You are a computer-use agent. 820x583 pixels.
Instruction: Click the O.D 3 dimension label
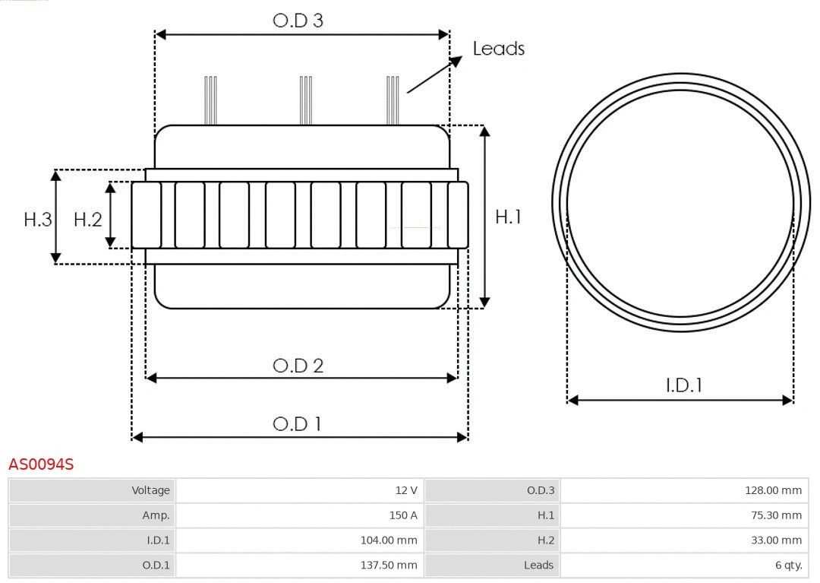coord(298,21)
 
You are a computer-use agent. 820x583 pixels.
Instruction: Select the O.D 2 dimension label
coord(298,366)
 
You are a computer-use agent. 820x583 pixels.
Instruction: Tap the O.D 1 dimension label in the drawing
coord(297,423)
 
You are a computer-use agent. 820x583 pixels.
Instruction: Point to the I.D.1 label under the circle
coord(683,385)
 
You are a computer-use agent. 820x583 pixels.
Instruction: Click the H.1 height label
coord(508,217)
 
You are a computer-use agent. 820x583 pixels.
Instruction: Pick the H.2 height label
coord(87,220)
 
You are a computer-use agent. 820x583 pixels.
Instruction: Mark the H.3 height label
coord(37,220)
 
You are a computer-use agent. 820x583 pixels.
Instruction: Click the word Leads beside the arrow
coord(498,49)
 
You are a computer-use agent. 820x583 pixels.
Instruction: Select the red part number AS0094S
coord(41,464)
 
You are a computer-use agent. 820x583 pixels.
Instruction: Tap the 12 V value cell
coord(407,490)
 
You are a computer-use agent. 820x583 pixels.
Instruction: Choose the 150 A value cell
coord(403,515)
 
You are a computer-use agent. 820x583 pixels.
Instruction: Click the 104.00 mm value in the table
coord(388,540)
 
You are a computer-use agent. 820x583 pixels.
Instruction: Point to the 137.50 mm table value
coord(388,566)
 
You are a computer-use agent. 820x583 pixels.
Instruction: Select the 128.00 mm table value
coord(773,490)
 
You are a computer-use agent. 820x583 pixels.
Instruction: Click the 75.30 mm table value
coord(776,515)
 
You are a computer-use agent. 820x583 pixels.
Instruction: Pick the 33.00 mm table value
coord(776,540)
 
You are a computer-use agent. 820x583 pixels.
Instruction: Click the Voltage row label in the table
coord(150,490)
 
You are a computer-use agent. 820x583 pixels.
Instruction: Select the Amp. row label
coord(156,515)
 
